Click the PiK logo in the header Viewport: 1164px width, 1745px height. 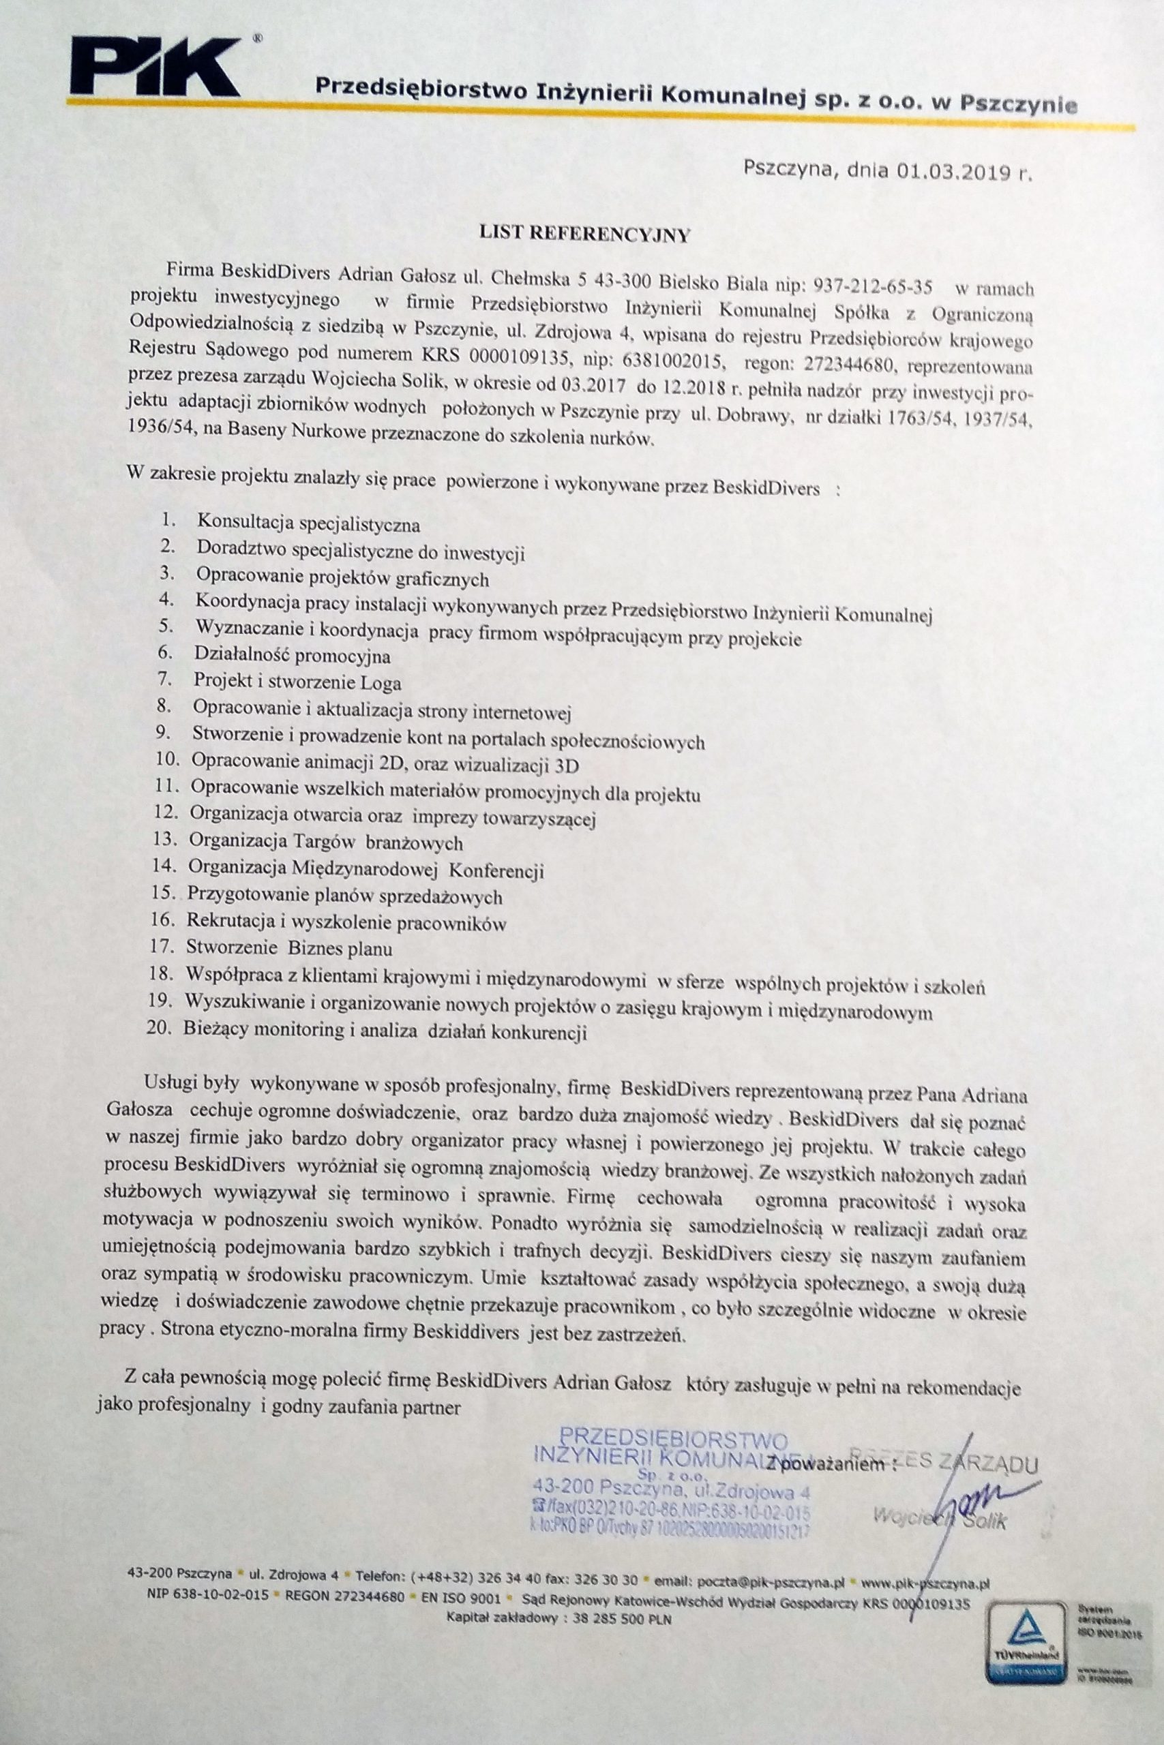click(x=154, y=69)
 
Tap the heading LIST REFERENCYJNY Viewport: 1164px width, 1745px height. click(x=586, y=236)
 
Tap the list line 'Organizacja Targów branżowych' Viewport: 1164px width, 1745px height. click(x=326, y=842)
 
